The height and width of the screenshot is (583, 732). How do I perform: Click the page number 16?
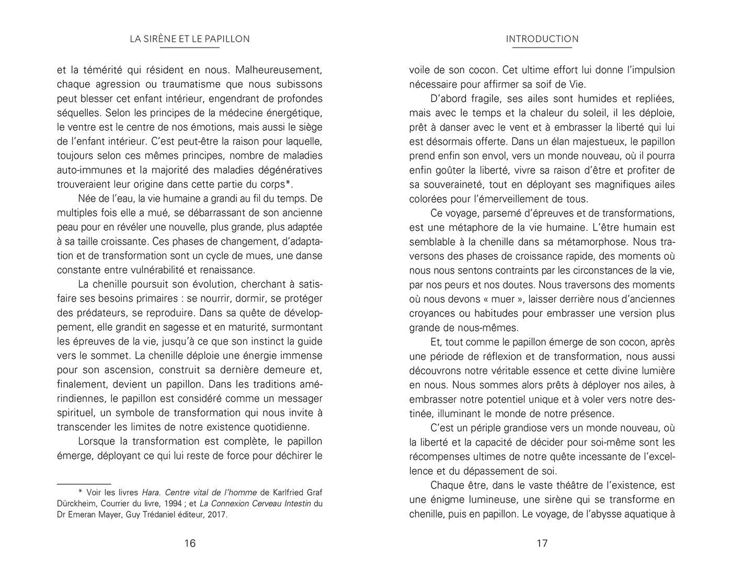click(190, 543)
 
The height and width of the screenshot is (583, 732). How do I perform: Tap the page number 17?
click(542, 543)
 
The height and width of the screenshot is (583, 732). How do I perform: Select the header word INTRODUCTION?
click(542, 39)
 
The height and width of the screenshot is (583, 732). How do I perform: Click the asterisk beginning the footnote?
click(81, 492)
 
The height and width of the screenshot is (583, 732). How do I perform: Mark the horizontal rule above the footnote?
click(84, 485)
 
